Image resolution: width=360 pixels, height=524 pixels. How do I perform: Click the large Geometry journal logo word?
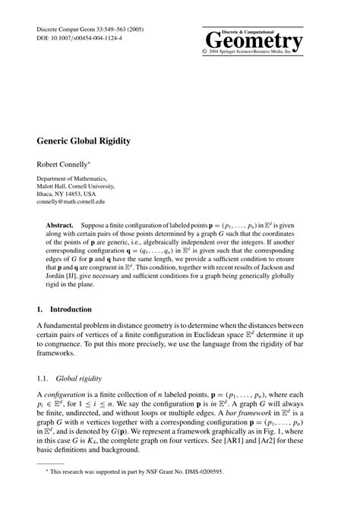tap(254, 40)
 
